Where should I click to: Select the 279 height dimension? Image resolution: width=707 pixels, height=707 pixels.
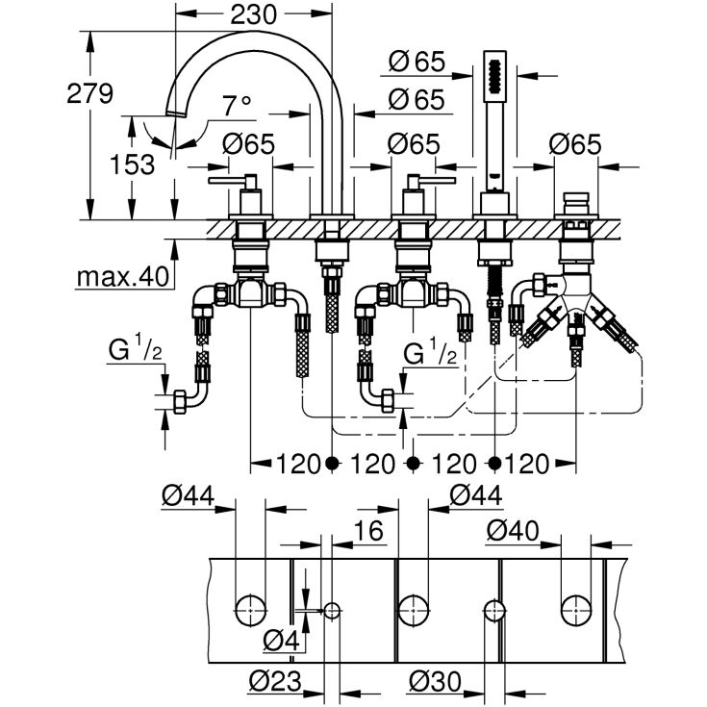point(91,93)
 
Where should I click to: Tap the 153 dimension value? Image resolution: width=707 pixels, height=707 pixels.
point(132,164)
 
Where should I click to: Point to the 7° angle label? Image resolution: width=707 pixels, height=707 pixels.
point(236,103)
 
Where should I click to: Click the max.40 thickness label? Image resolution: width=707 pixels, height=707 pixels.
point(122,278)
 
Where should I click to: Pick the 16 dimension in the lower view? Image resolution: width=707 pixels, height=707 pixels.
point(367,531)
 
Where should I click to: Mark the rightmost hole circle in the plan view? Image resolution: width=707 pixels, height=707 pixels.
point(575,608)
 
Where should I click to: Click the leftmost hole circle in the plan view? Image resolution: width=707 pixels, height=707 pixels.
point(251,608)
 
